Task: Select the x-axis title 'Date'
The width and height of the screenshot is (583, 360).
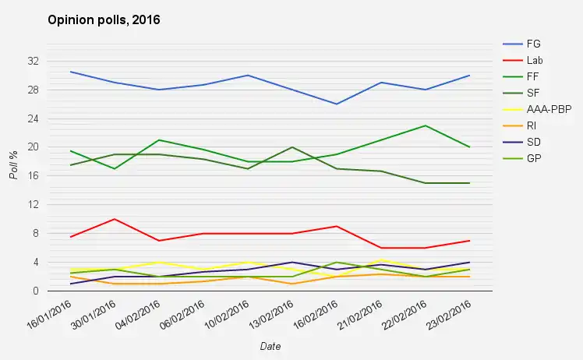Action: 270,346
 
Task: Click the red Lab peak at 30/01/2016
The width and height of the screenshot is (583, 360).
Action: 115,219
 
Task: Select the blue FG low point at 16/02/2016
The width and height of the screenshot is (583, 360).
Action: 337,104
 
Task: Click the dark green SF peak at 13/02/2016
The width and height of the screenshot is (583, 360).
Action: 292,147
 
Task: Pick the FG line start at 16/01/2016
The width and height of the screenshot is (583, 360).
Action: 71,72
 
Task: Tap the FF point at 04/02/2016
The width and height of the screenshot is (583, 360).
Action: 159,140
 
